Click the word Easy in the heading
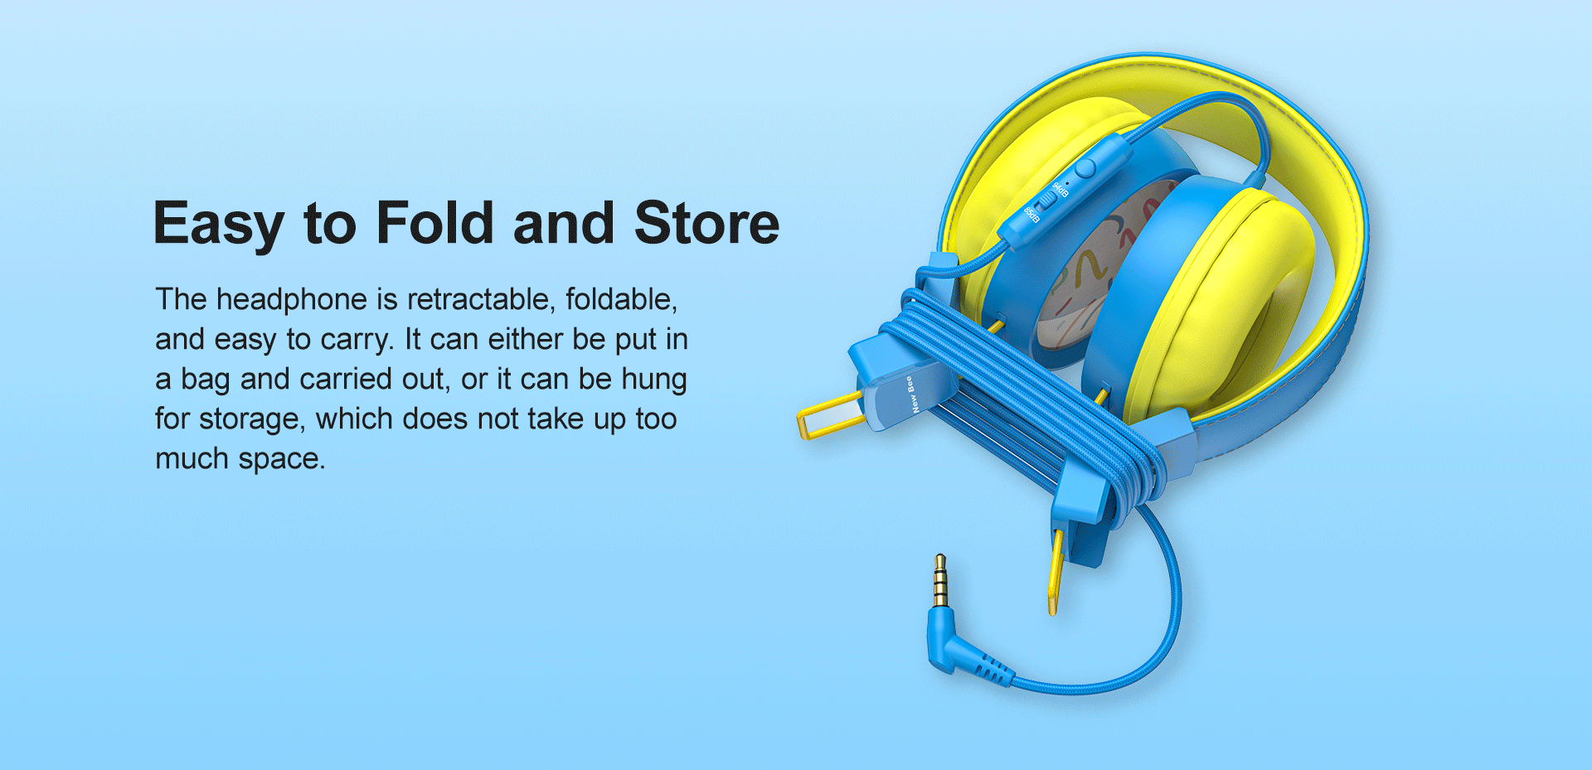[x=219, y=224]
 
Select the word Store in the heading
[x=707, y=223]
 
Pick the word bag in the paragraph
[x=206, y=380]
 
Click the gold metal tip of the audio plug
[x=940, y=580]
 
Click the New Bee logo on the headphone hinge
[x=913, y=394]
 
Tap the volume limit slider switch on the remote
[x=1048, y=199]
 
